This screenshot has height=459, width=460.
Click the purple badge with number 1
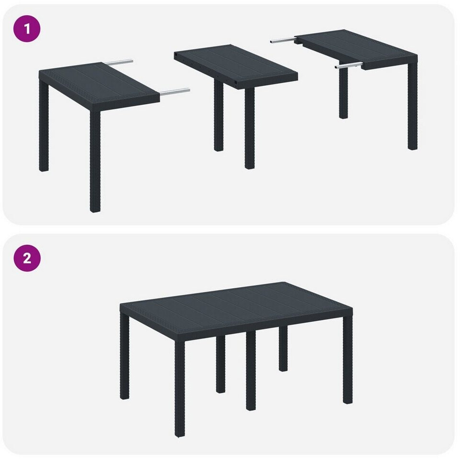(x=27, y=29)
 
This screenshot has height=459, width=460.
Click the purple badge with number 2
(x=27, y=258)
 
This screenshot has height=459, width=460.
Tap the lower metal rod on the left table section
(x=175, y=92)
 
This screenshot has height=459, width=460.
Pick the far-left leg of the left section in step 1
(x=44, y=125)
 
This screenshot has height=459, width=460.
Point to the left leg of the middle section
(x=219, y=116)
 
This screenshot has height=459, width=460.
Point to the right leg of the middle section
(x=250, y=128)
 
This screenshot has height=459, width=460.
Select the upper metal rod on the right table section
(x=283, y=41)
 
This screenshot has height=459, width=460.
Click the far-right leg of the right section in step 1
(x=413, y=106)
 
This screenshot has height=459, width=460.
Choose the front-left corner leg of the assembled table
(x=180, y=389)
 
